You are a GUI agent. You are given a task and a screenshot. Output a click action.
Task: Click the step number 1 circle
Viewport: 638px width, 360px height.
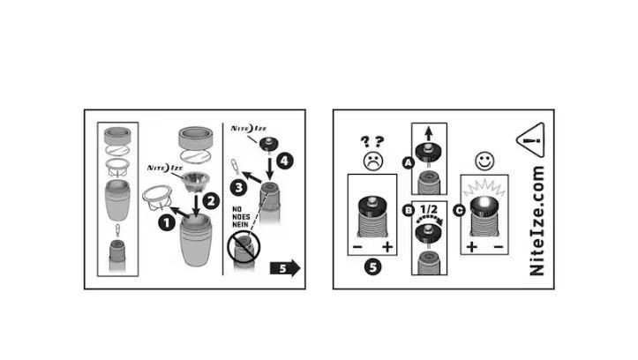(167, 223)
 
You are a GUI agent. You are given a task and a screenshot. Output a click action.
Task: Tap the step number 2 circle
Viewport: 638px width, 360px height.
(211, 201)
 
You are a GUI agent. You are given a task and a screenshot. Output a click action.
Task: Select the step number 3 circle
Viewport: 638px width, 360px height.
(238, 188)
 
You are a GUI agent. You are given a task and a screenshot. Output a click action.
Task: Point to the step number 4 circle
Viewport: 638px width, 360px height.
(284, 161)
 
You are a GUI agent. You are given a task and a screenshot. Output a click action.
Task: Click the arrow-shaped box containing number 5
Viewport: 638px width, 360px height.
(285, 268)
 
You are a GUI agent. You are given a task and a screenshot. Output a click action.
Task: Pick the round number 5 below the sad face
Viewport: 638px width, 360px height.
(372, 267)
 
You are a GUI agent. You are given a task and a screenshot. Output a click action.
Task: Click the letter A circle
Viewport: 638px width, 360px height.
(408, 163)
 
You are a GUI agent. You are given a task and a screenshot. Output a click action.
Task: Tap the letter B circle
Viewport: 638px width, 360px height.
(408, 210)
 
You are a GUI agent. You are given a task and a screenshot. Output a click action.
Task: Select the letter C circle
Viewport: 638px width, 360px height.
(460, 210)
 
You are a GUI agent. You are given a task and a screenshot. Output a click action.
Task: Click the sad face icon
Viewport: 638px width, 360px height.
(372, 161)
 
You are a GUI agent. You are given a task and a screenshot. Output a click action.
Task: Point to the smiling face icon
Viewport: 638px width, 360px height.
(484, 161)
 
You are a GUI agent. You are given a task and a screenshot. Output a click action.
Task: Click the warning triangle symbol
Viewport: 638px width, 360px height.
(531, 140)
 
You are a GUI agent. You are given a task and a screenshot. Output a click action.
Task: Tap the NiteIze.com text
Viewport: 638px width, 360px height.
(537, 221)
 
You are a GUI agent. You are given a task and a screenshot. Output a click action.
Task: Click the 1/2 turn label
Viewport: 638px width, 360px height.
(429, 210)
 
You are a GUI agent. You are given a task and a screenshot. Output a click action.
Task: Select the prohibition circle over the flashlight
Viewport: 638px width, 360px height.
(244, 246)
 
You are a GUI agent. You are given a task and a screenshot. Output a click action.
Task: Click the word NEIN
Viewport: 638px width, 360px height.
(241, 224)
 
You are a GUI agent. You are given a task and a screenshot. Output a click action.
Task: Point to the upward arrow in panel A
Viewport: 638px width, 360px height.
(429, 133)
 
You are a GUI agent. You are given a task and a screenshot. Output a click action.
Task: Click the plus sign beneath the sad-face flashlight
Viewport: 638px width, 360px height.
(387, 246)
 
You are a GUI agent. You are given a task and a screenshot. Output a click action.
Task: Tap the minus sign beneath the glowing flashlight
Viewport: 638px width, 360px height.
(498, 246)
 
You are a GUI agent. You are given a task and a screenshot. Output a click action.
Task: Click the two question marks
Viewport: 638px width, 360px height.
(372, 141)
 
